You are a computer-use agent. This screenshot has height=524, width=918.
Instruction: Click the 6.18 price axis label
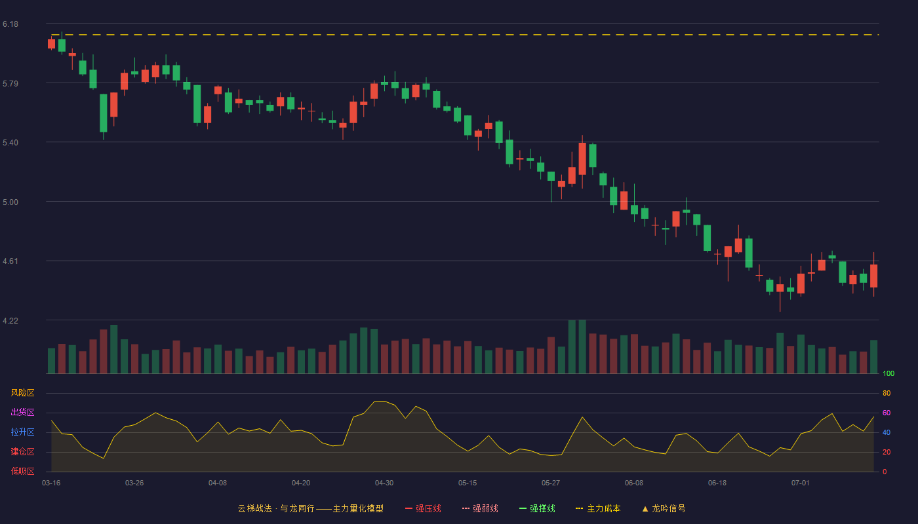[10, 24]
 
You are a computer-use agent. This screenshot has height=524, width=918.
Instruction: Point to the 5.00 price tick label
[10, 202]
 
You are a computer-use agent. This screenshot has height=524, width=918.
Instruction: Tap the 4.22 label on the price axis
[10, 320]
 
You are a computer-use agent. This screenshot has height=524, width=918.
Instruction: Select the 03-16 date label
[51, 483]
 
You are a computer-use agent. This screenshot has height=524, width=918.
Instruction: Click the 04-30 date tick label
[384, 483]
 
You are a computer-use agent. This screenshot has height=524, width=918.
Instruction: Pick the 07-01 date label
[801, 483]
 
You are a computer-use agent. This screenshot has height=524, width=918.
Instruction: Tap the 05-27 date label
[550, 483]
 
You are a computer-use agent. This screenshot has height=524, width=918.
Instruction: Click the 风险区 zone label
[22, 393]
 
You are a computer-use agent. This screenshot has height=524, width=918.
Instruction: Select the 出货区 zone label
[22, 412]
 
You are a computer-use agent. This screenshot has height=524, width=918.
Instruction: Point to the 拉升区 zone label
[22, 432]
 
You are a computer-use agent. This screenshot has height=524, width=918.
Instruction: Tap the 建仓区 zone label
[22, 451]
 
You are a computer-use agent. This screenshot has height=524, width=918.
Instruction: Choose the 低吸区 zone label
[22, 471]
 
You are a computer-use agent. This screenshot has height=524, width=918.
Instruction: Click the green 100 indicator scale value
[888, 373]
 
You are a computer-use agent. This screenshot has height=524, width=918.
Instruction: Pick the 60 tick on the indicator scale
[887, 413]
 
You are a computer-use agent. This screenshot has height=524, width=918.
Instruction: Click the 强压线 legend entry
[423, 508]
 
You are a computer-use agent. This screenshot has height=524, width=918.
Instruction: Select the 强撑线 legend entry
[537, 508]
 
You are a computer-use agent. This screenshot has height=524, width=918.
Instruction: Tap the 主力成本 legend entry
[598, 508]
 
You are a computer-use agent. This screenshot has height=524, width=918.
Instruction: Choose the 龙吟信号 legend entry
[664, 508]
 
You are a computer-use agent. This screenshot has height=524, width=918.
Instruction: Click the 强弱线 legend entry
[480, 508]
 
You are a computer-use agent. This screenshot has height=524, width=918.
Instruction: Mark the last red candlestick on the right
[873, 276]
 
